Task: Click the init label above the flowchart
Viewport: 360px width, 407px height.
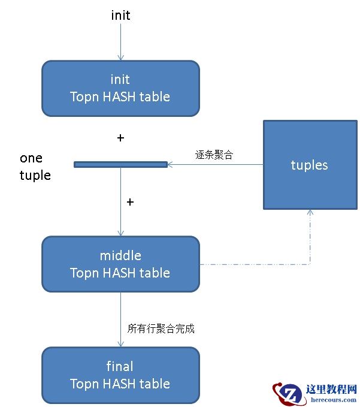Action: (x=120, y=16)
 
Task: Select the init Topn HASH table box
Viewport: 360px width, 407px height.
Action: (x=120, y=88)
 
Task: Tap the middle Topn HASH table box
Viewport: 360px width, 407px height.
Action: (x=120, y=264)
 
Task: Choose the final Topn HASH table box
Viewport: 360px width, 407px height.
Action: (x=120, y=375)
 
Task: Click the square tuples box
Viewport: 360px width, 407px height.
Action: (x=310, y=165)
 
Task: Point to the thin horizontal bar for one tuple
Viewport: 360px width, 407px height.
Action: (x=120, y=164)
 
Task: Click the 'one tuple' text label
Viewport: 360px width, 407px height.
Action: (x=35, y=167)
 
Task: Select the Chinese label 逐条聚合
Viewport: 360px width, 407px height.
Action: (x=214, y=155)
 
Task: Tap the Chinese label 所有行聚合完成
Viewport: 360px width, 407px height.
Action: (x=161, y=328)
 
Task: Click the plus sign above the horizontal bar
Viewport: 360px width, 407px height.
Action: (x=120, y=138)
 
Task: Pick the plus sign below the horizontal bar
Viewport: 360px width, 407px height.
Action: (x=130, y=202)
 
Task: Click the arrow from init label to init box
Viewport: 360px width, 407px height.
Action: (x=120, y=42)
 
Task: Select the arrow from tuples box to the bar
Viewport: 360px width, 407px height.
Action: (x=216, y=164)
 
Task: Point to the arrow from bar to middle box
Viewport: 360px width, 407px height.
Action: (x=120, y=201)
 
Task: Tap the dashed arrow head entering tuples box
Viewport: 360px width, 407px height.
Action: (x=310, y=213)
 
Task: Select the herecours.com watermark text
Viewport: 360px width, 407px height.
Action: (x=331, y=400)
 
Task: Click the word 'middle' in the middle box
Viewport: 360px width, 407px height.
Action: (x=120, y=255)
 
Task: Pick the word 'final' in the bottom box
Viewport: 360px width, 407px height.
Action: (x=120, y=366)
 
